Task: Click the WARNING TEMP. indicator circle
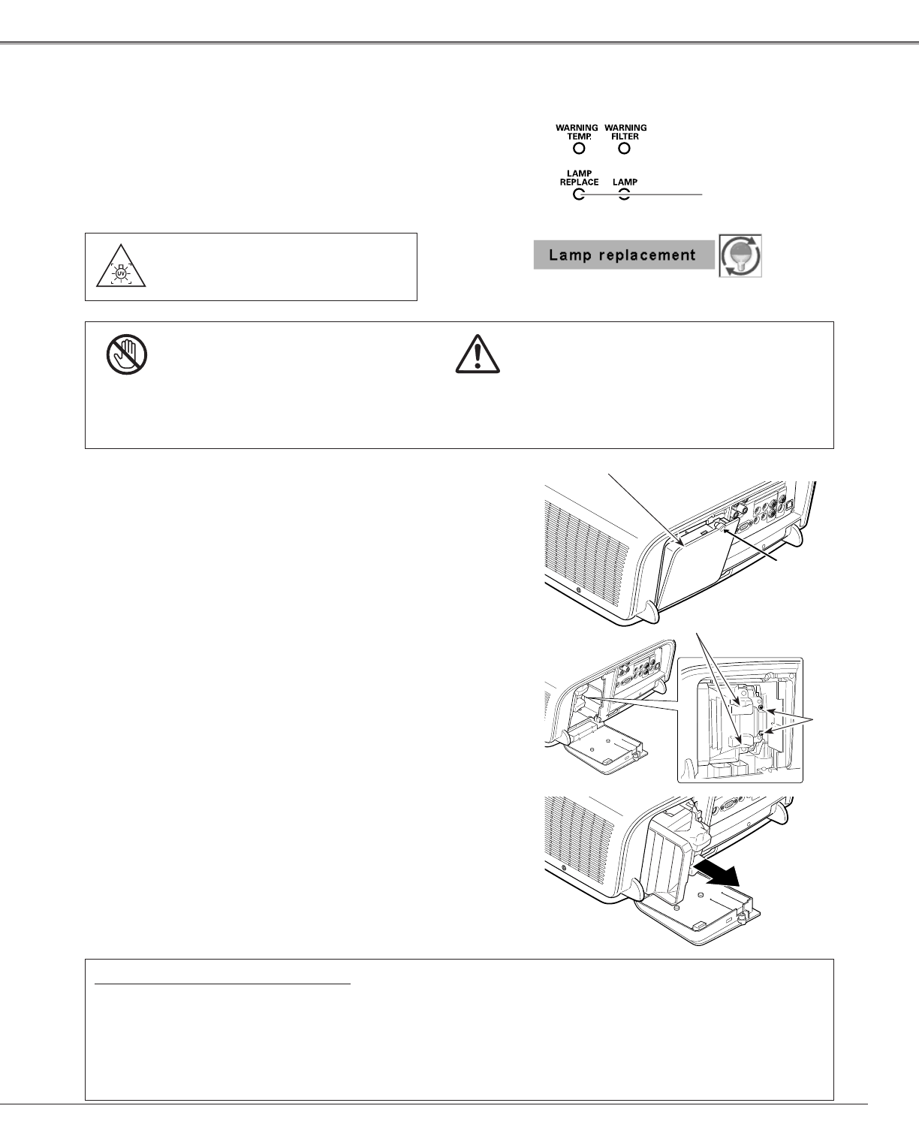point(578,148)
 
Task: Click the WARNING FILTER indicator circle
point(625,148)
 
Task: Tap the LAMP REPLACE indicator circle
point(578,195)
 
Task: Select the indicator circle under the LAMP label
point(625,195)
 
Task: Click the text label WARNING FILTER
point(625,132)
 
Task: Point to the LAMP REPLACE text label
point(579,178)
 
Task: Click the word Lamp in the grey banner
point(568,255)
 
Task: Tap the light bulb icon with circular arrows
point(740,255)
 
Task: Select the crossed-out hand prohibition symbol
point(127,354)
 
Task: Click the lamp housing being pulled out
point(672,856)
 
